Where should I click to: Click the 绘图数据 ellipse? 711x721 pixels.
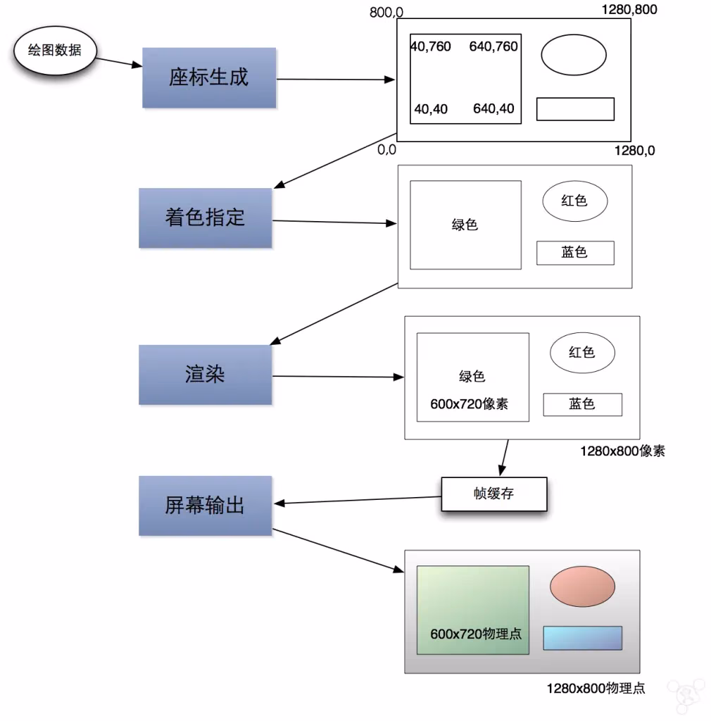tap(54, 51)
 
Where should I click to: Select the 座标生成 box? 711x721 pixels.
tap(208, 77)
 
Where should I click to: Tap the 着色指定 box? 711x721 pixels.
tap(205, 218)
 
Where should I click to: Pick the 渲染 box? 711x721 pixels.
tap(205, 375)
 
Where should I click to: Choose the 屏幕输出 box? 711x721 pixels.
tap(205, 505)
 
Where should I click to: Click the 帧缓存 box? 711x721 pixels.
tap(493, 494)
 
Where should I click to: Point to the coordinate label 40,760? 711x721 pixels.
tap(431, 46)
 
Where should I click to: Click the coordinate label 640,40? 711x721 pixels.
tap(493, 109)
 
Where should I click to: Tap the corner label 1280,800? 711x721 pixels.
tap(629, 10)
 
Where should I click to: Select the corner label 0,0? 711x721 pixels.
tap(387, 149)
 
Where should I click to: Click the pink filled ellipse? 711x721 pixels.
tap(582, 587)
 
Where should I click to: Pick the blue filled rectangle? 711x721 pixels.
tap(582, 638)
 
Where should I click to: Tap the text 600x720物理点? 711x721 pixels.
tap(476, 634)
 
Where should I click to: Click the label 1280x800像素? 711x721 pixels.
tap(622, 451)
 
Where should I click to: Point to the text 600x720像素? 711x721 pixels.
tap(469, 404)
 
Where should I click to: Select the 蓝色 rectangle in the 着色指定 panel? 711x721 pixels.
tap(574, 253)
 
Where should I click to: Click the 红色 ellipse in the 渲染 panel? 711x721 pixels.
tap(581, 353)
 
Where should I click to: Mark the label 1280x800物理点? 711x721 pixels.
tap(596, 689)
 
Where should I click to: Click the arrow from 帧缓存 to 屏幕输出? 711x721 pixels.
tap(359, 500)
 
